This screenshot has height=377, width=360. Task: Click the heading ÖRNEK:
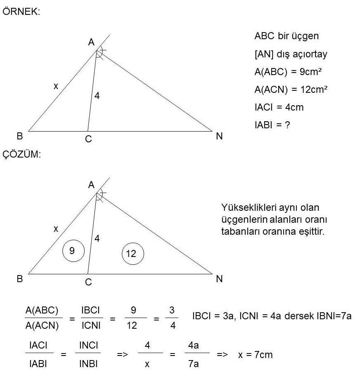21,11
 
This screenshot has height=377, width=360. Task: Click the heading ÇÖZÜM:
21,154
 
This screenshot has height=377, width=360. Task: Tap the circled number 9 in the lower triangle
73,251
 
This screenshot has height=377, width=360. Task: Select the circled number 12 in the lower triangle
133,254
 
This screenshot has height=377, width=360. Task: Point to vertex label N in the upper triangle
219,136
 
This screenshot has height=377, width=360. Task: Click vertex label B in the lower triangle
20,279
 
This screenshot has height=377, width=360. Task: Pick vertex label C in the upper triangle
88,139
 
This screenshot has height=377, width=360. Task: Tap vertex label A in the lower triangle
91,185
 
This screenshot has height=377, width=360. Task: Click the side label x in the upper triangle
56,86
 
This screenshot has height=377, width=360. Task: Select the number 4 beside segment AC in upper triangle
97,96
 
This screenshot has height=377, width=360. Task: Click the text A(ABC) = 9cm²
288,72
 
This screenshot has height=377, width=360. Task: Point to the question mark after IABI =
287,125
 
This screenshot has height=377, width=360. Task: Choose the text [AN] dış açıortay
291,54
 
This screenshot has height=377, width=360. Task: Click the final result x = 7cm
255,355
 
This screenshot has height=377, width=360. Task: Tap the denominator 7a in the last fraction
194,364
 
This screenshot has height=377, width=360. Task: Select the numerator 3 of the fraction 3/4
172,310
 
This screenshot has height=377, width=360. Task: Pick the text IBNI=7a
334,316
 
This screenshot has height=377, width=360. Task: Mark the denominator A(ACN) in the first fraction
42,325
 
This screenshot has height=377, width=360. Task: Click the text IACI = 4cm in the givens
279,107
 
